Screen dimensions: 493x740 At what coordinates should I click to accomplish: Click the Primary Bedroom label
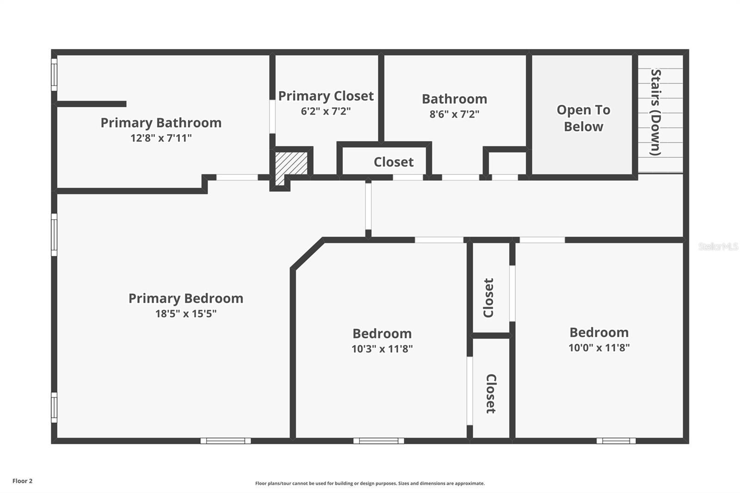[185, 298]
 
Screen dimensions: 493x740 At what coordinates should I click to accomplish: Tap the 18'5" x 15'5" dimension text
[185, 314]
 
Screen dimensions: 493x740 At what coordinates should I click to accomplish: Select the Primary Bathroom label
[161, 123]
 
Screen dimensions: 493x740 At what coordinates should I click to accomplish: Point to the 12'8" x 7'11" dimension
[161, 138]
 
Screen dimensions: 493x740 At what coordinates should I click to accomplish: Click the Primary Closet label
[326, 96]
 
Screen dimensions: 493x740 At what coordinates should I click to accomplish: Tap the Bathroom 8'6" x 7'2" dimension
[454, 114]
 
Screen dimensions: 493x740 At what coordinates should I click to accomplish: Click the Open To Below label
[583, 118]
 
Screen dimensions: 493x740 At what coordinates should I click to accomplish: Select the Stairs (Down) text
[656, 112]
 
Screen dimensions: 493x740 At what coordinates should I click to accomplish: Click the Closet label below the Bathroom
[393, 162]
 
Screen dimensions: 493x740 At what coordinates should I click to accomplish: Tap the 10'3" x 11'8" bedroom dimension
[382, 349]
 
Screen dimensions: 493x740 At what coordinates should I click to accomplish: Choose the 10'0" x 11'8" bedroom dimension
[599, 347]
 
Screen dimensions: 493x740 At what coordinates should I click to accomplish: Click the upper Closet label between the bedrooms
[489, 297]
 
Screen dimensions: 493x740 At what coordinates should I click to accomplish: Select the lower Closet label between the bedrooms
[491, 393]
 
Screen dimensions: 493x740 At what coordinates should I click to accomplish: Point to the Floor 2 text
[22, 481]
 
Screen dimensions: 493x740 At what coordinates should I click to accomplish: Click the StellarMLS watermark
[718, 246]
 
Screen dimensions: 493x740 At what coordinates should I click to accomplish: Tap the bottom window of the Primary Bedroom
[226, 441]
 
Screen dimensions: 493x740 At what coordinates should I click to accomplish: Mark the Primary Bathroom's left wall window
[54, 74]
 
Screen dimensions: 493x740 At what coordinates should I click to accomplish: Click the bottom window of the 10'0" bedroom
[616, 441]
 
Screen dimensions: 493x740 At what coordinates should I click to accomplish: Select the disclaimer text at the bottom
[370, 483]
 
